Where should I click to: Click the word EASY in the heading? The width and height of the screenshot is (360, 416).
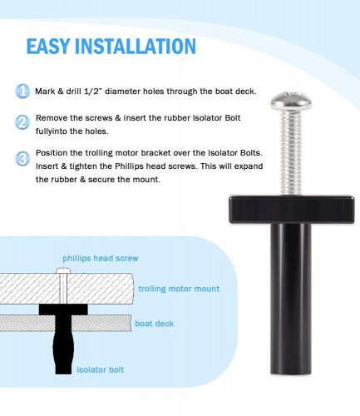click(48, 46)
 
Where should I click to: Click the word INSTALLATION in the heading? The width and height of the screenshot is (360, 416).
click(136, 46)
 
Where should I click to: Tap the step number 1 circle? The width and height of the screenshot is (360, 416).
click(22, 91)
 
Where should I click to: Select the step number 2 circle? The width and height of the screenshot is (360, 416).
click(22, 122)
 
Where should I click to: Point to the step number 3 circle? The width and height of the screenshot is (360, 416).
click(22, 159)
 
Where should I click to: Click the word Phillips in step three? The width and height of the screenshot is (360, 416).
click(129, 166)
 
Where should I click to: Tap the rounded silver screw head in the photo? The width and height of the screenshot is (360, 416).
click(291, 101)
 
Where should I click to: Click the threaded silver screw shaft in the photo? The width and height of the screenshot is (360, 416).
click(290, 152)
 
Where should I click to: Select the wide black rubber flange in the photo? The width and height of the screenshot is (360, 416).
click(292, 210)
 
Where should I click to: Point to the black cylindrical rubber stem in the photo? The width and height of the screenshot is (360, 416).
click(291, 299)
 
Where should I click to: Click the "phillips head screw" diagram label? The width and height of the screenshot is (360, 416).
click(101, 258)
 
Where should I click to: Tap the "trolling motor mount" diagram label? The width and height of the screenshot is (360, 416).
click(179, 289)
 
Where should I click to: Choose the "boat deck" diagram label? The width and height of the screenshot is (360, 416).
click(155, 324)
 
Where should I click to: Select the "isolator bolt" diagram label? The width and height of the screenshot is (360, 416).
click(101, 369)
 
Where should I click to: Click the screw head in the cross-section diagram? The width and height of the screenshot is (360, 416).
click(63, 270)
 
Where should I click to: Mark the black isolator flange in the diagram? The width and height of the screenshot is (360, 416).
click(63, 310)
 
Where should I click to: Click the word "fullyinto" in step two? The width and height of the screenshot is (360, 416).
click(52, 131)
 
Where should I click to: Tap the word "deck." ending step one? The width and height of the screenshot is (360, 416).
click(245, 92)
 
